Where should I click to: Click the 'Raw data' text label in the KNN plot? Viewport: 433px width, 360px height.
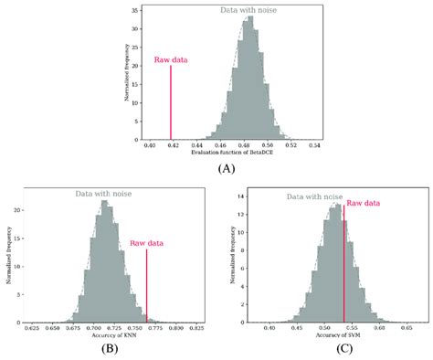[x=147, y=243]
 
